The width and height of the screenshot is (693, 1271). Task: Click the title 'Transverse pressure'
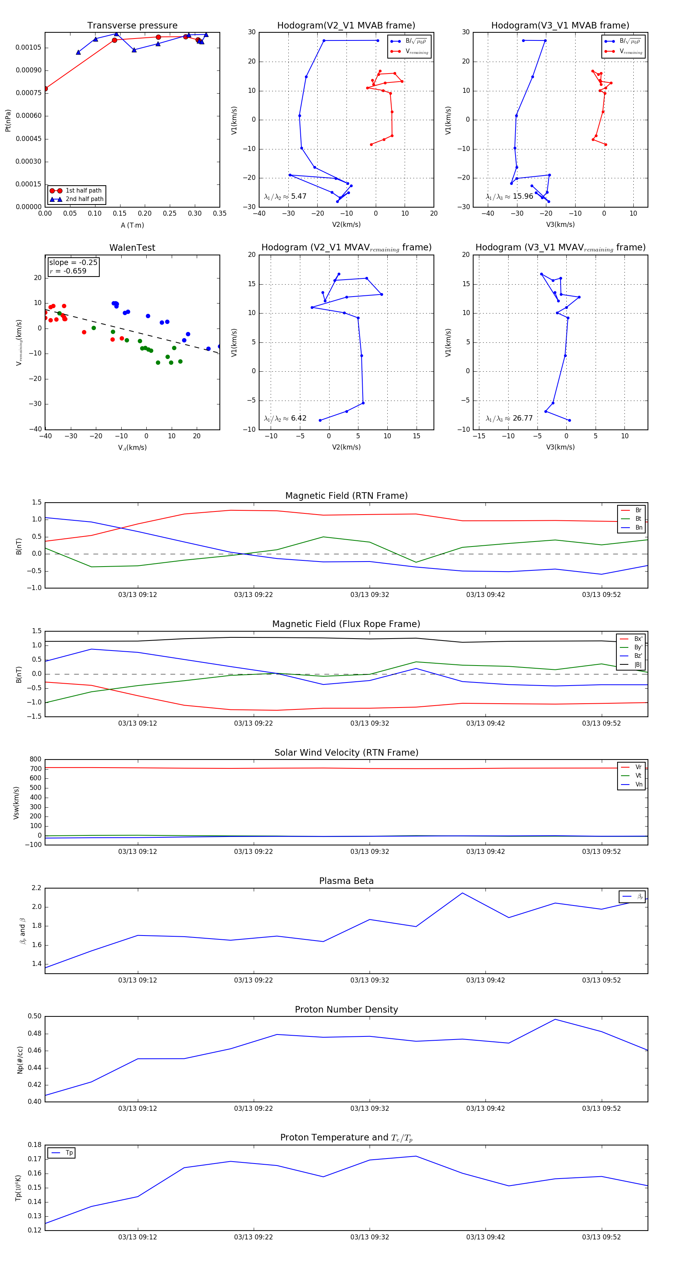click(x=132, y=26)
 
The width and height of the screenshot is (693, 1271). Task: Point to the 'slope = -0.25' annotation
click(x=73, y=263)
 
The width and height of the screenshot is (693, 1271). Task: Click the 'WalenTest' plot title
click(x=132, y=248)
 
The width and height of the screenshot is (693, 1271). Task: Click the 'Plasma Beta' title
click(x=346, y=881)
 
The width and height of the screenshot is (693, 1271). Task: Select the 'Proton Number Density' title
click(x=346, y=1009)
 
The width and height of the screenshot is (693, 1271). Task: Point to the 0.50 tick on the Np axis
click(x=35, y=1016)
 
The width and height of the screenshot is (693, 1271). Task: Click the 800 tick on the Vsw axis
click(x=35, y=760)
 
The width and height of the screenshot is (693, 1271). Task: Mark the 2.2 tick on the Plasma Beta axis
click(x=37, y=888)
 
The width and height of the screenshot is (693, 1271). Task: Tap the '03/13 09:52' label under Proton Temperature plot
click(x=601, y=1237)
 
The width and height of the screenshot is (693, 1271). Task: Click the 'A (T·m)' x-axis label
click(x=132, y=225)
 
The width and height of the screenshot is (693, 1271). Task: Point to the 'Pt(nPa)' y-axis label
click(x=8, y=121)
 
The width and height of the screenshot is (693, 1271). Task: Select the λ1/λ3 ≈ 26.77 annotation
click(x=509, y=418)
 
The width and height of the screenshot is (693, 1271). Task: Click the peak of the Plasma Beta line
click(x=462, y=893)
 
